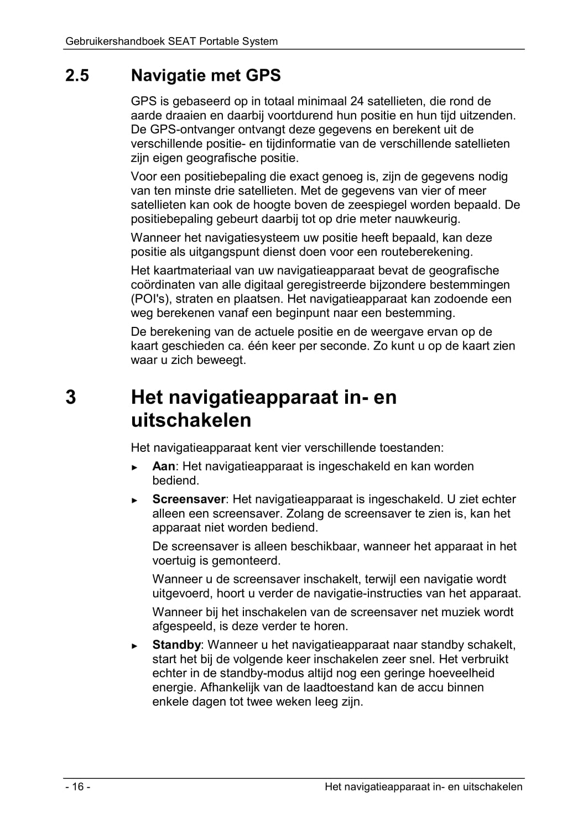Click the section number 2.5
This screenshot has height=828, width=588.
coord(77,76)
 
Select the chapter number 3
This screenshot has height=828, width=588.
coord(71,398)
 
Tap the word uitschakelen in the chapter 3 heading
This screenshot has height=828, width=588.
coord(191,420)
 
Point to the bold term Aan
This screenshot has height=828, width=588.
coord(163,466)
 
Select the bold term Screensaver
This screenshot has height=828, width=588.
coord(189,499)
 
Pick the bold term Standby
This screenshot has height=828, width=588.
coord(176,645)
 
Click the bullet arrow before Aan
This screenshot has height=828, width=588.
coord(134,467)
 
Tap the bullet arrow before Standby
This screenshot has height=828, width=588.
coord(134,646)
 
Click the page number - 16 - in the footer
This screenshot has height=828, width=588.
coord(77,787)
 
